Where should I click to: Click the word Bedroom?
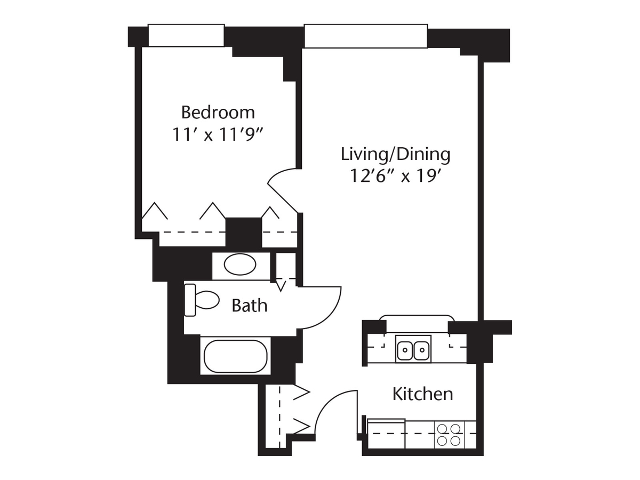pyautogui.click(x=218, y=113)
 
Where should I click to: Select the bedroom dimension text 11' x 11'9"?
pyautogui.click(x=218, y=134)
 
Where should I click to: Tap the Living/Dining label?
pyautogui.click(x=395, y=155)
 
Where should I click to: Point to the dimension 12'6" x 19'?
pyautogui.click(x=395, y=176)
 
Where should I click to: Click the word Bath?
pyautogui.click(x=249, y=306)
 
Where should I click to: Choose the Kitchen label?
pyautogui.click(x=422, y=394)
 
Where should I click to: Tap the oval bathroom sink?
pyautogui.click(x=239, y=265)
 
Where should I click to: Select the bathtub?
pyautogui.click(x=235, y=356)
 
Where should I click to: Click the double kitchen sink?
pyautogui.click(x=413, y=350)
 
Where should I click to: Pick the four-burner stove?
pyautogui.click(x=449, y=434)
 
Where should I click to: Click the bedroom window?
pyautogui.click(x=186, y=36)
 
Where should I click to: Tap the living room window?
pyautogui.click(x=366, y=36)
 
